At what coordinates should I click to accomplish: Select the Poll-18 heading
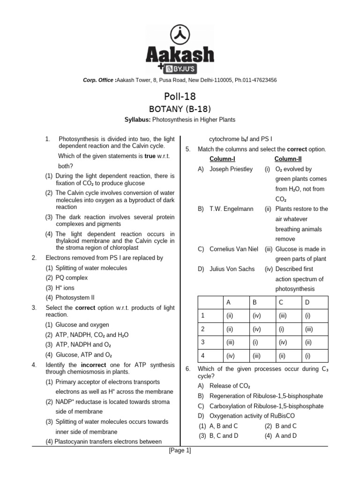[x=180, y=97]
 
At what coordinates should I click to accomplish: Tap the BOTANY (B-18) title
[x=180, y=109]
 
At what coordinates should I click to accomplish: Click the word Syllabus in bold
[x=137, y=120]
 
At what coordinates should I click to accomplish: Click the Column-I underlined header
[x=222, y=159]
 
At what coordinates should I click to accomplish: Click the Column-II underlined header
[x=288, y=159]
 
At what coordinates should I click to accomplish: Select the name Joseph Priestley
[x=231, y=169]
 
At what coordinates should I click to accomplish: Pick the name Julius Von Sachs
[x=232, y=269]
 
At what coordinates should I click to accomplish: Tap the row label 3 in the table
[x=203, y=342]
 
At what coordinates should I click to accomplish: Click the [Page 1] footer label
[x=180, y=451]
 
